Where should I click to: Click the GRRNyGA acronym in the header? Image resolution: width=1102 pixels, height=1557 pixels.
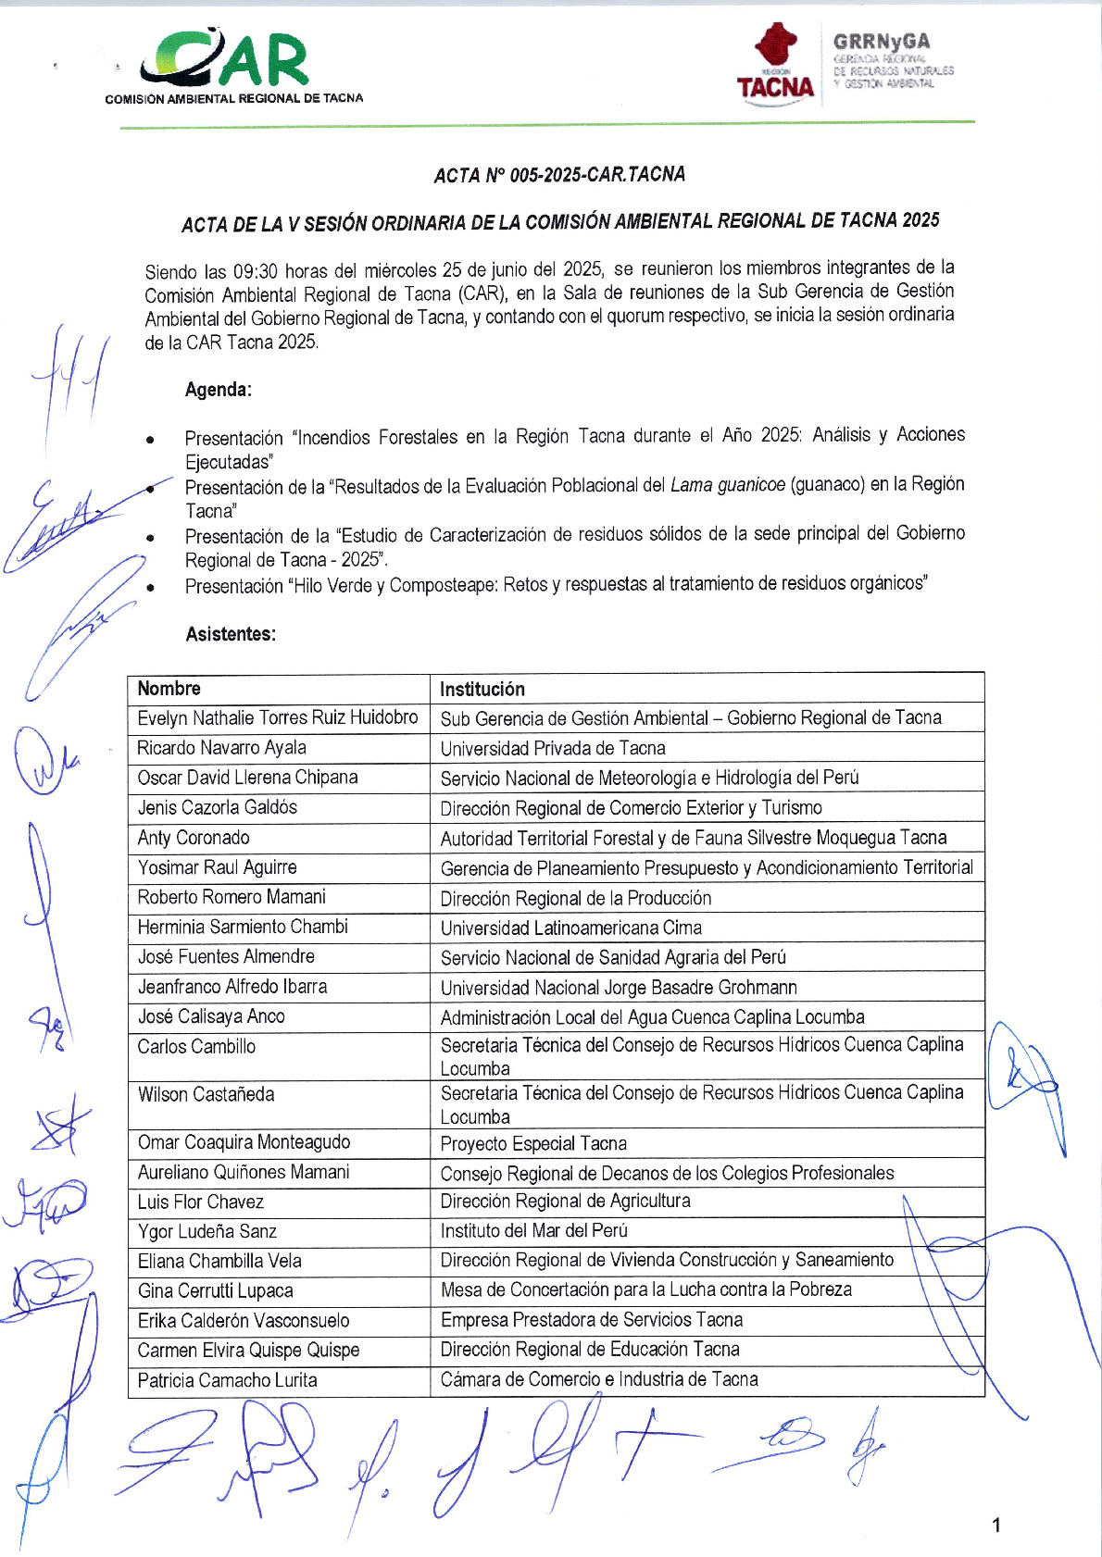(x=881, y=41)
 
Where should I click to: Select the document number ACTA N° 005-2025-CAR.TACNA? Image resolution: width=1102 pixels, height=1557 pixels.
(x=559, y=174)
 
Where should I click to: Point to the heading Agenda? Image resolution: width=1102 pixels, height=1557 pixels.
(x=219, y=390)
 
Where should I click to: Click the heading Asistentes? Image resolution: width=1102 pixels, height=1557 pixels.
(x=231, y=634)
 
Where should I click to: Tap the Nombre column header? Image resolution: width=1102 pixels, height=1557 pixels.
(x=169, y=688)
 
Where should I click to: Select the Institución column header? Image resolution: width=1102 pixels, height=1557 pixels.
(x=482, y=689)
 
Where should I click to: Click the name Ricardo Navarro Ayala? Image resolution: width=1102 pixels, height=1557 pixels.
(x=221, y=747)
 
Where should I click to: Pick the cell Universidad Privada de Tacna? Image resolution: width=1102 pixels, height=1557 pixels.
(x=553, y=748)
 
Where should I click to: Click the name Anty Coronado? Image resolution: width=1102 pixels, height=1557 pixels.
(x=194, y=838)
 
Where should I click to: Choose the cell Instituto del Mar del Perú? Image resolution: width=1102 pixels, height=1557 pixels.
(x=534, y=1230)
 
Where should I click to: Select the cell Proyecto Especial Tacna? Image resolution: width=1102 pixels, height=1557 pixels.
(x=533, y=1143)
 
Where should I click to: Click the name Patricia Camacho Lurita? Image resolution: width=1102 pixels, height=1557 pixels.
(x=227, y=1380)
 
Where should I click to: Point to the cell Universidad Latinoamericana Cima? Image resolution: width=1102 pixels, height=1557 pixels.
(x=570, y=928)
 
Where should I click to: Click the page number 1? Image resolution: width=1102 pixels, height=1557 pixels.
(x=996, y=1525)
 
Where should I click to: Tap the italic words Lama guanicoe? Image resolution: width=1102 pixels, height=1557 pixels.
(x=727, y=485)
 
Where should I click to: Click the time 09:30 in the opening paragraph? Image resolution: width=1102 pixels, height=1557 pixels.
(x=255, y=271)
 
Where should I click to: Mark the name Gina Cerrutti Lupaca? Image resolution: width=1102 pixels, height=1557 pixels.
(x=215, y=1290)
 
